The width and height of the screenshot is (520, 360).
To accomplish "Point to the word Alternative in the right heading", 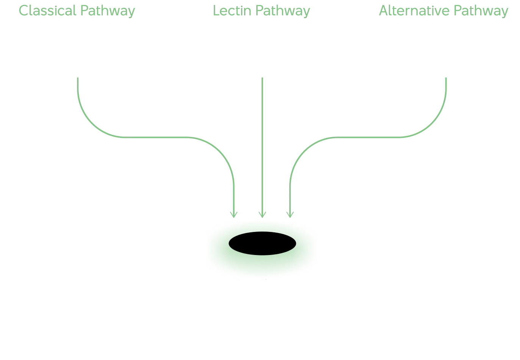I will tap(414, 11).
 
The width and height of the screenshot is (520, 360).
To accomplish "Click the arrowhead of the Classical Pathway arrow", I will tap(233, 213).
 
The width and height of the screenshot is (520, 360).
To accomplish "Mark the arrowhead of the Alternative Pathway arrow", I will tap(290, 214).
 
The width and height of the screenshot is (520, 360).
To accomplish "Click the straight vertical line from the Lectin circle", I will tap(262, 144).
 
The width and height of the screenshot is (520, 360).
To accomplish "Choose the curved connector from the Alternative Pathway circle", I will tap(364, 137).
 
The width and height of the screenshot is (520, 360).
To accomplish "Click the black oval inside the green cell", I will tap(262, 243).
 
